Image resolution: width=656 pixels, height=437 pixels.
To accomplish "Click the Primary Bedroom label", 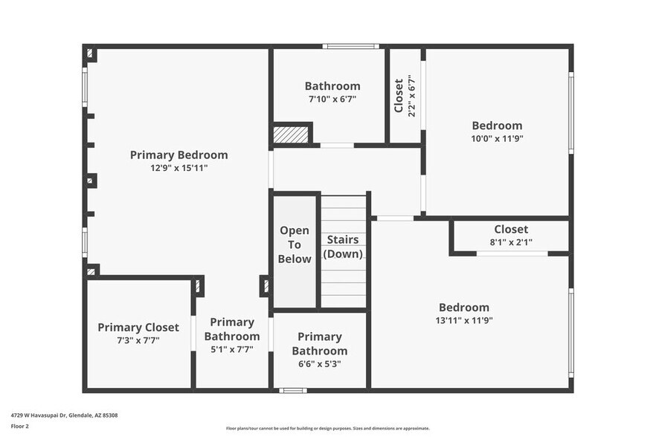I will [x=179, y=155].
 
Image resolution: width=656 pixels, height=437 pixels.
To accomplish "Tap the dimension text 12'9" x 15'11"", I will [x=179, y=168].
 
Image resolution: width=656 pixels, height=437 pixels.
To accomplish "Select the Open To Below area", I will [x=295, y=245].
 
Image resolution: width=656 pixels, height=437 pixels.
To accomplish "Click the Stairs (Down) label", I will [x=343, y=247].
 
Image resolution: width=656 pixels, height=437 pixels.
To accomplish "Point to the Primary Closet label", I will [x=138, y=328].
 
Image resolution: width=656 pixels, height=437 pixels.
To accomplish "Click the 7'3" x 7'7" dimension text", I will [x=138, y=340].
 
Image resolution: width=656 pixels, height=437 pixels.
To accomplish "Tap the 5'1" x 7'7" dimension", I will [x=232, y=349].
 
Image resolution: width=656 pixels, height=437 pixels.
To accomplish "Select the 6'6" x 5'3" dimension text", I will [x=319, y=363].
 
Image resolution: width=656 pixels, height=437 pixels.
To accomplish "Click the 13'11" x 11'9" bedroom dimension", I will [x=464, y=320].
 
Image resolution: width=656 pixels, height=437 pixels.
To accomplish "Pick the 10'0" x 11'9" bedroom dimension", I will [x=498, y=138].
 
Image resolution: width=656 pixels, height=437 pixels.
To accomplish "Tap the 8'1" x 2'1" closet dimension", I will [x=511, y=242].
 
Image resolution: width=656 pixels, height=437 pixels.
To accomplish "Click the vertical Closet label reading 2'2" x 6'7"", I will [x=405, y=96].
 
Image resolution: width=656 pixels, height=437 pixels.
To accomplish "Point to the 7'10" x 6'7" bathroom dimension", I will [x=332, y=99].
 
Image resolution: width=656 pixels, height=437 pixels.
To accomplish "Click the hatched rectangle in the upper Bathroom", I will [x=290, y=135].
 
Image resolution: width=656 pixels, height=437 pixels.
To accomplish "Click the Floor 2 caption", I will [x=20, y=427].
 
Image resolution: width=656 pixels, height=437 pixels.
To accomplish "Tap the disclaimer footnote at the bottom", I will [x=327, y=428].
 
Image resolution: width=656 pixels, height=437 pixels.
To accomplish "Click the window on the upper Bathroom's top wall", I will [x=350, y=47].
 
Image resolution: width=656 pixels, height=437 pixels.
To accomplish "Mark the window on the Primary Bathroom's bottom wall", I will [x=292, y=390].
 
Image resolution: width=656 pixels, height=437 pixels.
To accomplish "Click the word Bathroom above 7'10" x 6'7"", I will [x=332, y=86].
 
